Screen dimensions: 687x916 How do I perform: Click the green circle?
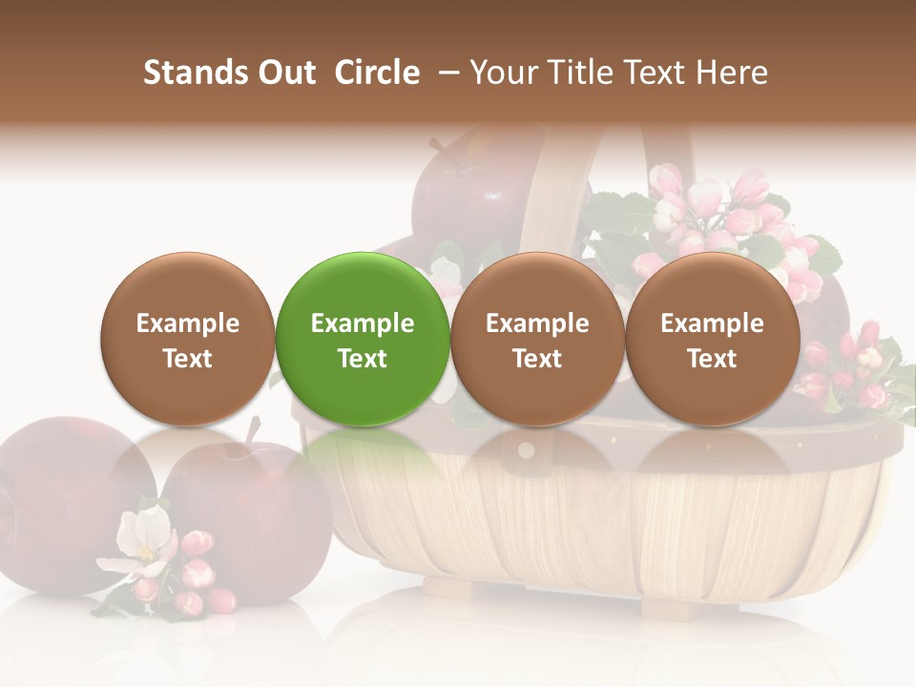(363, 339)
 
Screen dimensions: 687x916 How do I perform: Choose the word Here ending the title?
(731, 73)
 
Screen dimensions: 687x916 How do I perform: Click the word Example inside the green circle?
(363, 323)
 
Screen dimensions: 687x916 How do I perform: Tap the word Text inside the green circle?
(363, 359)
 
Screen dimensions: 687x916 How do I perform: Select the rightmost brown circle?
(712, 339)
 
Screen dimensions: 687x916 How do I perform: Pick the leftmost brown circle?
(187, 339)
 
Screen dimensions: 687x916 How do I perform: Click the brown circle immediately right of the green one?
(537, 339)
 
